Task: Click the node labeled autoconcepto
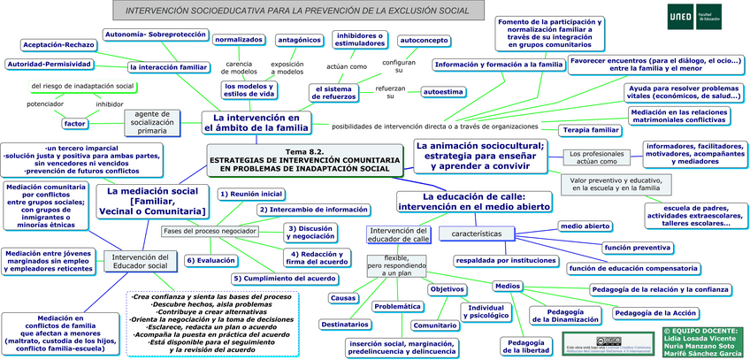pos(424,40)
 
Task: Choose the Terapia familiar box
pos(591,130)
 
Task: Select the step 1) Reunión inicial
pos(251,193)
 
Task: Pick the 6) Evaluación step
pos(210,261)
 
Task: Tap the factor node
pos(75,124)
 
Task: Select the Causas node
pos(343,298)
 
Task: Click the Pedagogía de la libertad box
pos(520,344)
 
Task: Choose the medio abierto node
pos(585,226)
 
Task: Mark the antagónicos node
pos(298,40)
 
